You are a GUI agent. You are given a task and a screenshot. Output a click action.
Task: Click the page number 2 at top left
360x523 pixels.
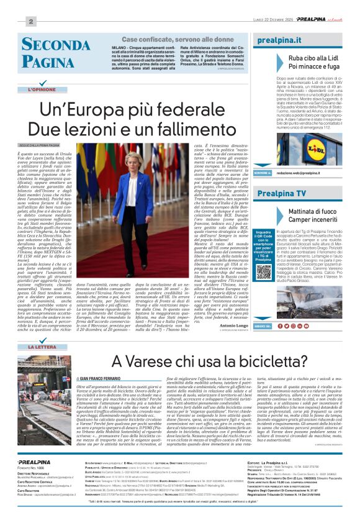(30, 21)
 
